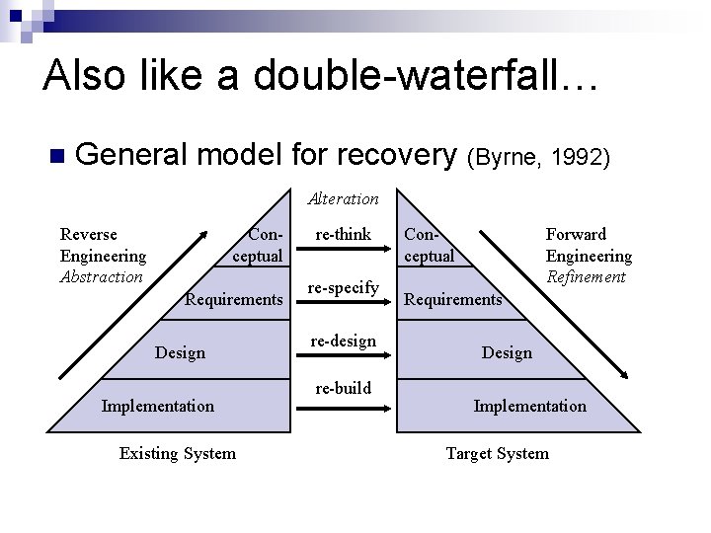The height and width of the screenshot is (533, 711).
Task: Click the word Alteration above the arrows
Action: (x=343, y=198)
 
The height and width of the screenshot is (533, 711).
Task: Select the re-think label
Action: (x=342, y=235)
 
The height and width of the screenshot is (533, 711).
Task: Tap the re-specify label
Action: (x=343, y=287)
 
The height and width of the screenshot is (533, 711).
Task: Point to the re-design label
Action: (x=342, y=341)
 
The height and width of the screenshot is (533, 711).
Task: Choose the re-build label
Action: (x=342, y=388)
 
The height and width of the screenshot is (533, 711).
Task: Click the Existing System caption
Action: (x=177, y=453)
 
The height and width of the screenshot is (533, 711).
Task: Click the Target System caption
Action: (x=497, y=453)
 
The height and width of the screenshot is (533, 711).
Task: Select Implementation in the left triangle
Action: (x=157, y=406)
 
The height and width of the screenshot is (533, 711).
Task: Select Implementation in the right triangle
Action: (x=529, y=406)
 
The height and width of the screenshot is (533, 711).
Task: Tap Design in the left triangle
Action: (x=181, y=352)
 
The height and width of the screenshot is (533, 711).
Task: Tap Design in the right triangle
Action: (x=506, y=352)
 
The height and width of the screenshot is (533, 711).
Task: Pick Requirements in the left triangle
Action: (x=234, y=299)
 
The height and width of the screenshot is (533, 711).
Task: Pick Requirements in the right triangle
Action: (x=454, y=299)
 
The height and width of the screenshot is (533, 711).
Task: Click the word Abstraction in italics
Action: (x=102, y=276)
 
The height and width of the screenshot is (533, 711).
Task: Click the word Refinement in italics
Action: (x=586, y=276)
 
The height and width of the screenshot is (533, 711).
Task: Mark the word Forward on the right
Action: (x=576, y=234)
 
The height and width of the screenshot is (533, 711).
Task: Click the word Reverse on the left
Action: (x=89, y=234)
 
